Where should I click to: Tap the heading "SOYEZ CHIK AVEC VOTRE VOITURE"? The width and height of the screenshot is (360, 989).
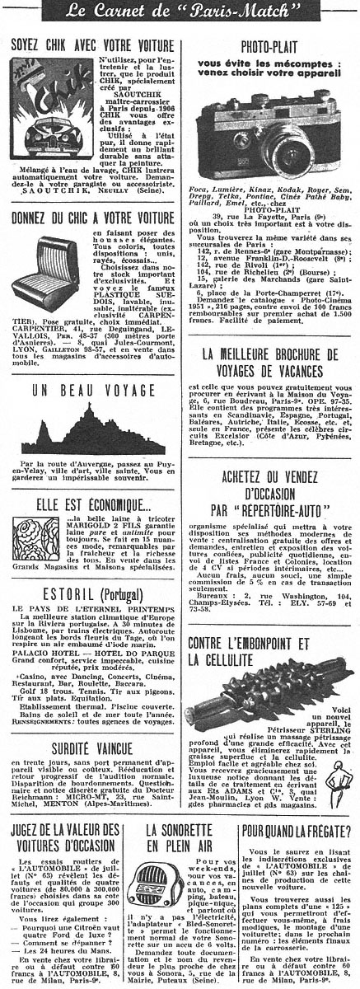click(91, 46)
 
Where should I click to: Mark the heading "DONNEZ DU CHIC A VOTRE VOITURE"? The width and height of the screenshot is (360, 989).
click(91, 219)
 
